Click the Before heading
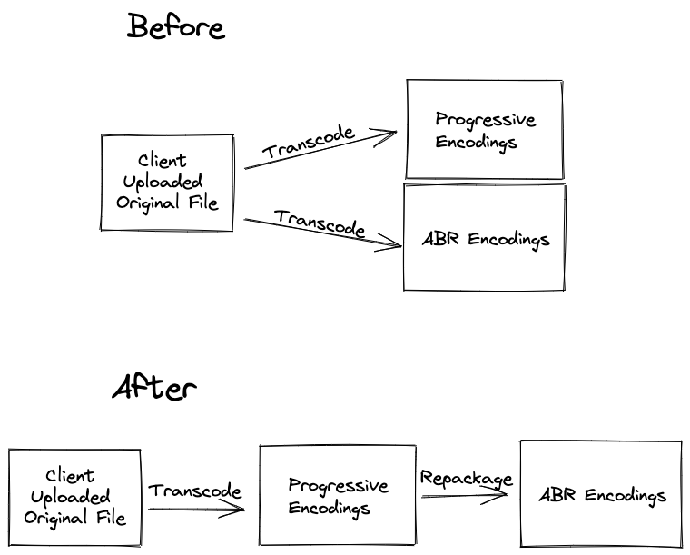point(176,26)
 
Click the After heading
point(154,387)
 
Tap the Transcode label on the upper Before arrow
point(309,142)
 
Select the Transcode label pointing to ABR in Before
point(320,223)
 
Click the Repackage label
point(467,479)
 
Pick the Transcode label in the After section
point(195,491)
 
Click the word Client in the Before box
point(162,160)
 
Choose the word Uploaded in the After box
point(71,497)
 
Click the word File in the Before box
point(203,203)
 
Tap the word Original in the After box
point(55,518)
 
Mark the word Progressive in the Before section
point(486,119)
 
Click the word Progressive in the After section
point(339,485)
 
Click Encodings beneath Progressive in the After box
point(330,509)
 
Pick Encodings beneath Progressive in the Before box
point(476,143)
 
